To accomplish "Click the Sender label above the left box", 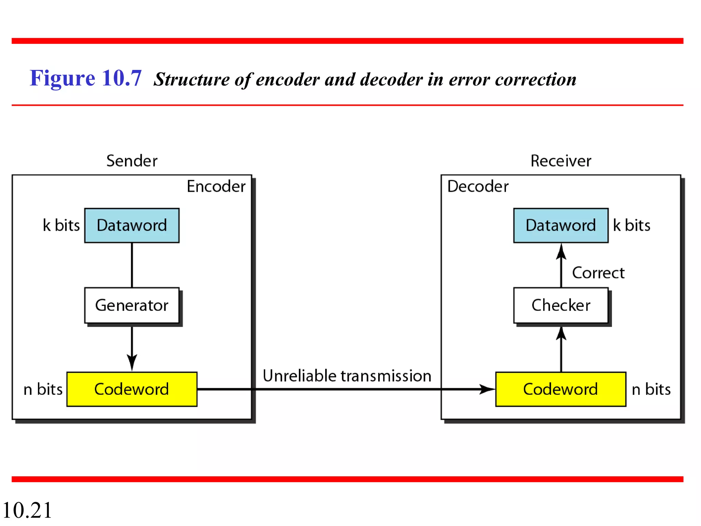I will point(132,161).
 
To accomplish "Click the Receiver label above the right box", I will point(561,161).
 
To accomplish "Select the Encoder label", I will point(216,186).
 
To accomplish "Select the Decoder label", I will point(478,186).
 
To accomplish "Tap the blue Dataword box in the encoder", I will point(132,225).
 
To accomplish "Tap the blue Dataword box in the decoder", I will point(561,225).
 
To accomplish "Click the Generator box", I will point(132,305).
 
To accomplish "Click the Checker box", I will point(561,305).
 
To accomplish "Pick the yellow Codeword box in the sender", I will point(132,389).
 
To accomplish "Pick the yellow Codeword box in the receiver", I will point(561,389).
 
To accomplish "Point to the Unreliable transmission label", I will point(347,376).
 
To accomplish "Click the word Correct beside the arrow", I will point(598,273).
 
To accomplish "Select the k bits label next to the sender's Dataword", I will point(61,225).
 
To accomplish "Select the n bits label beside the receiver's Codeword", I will point(651,389).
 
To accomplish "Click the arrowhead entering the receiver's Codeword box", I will point(488,389).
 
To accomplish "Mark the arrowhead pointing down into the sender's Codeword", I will point(132,363).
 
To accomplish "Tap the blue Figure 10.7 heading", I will point(86,78).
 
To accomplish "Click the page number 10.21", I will point(27,510).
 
